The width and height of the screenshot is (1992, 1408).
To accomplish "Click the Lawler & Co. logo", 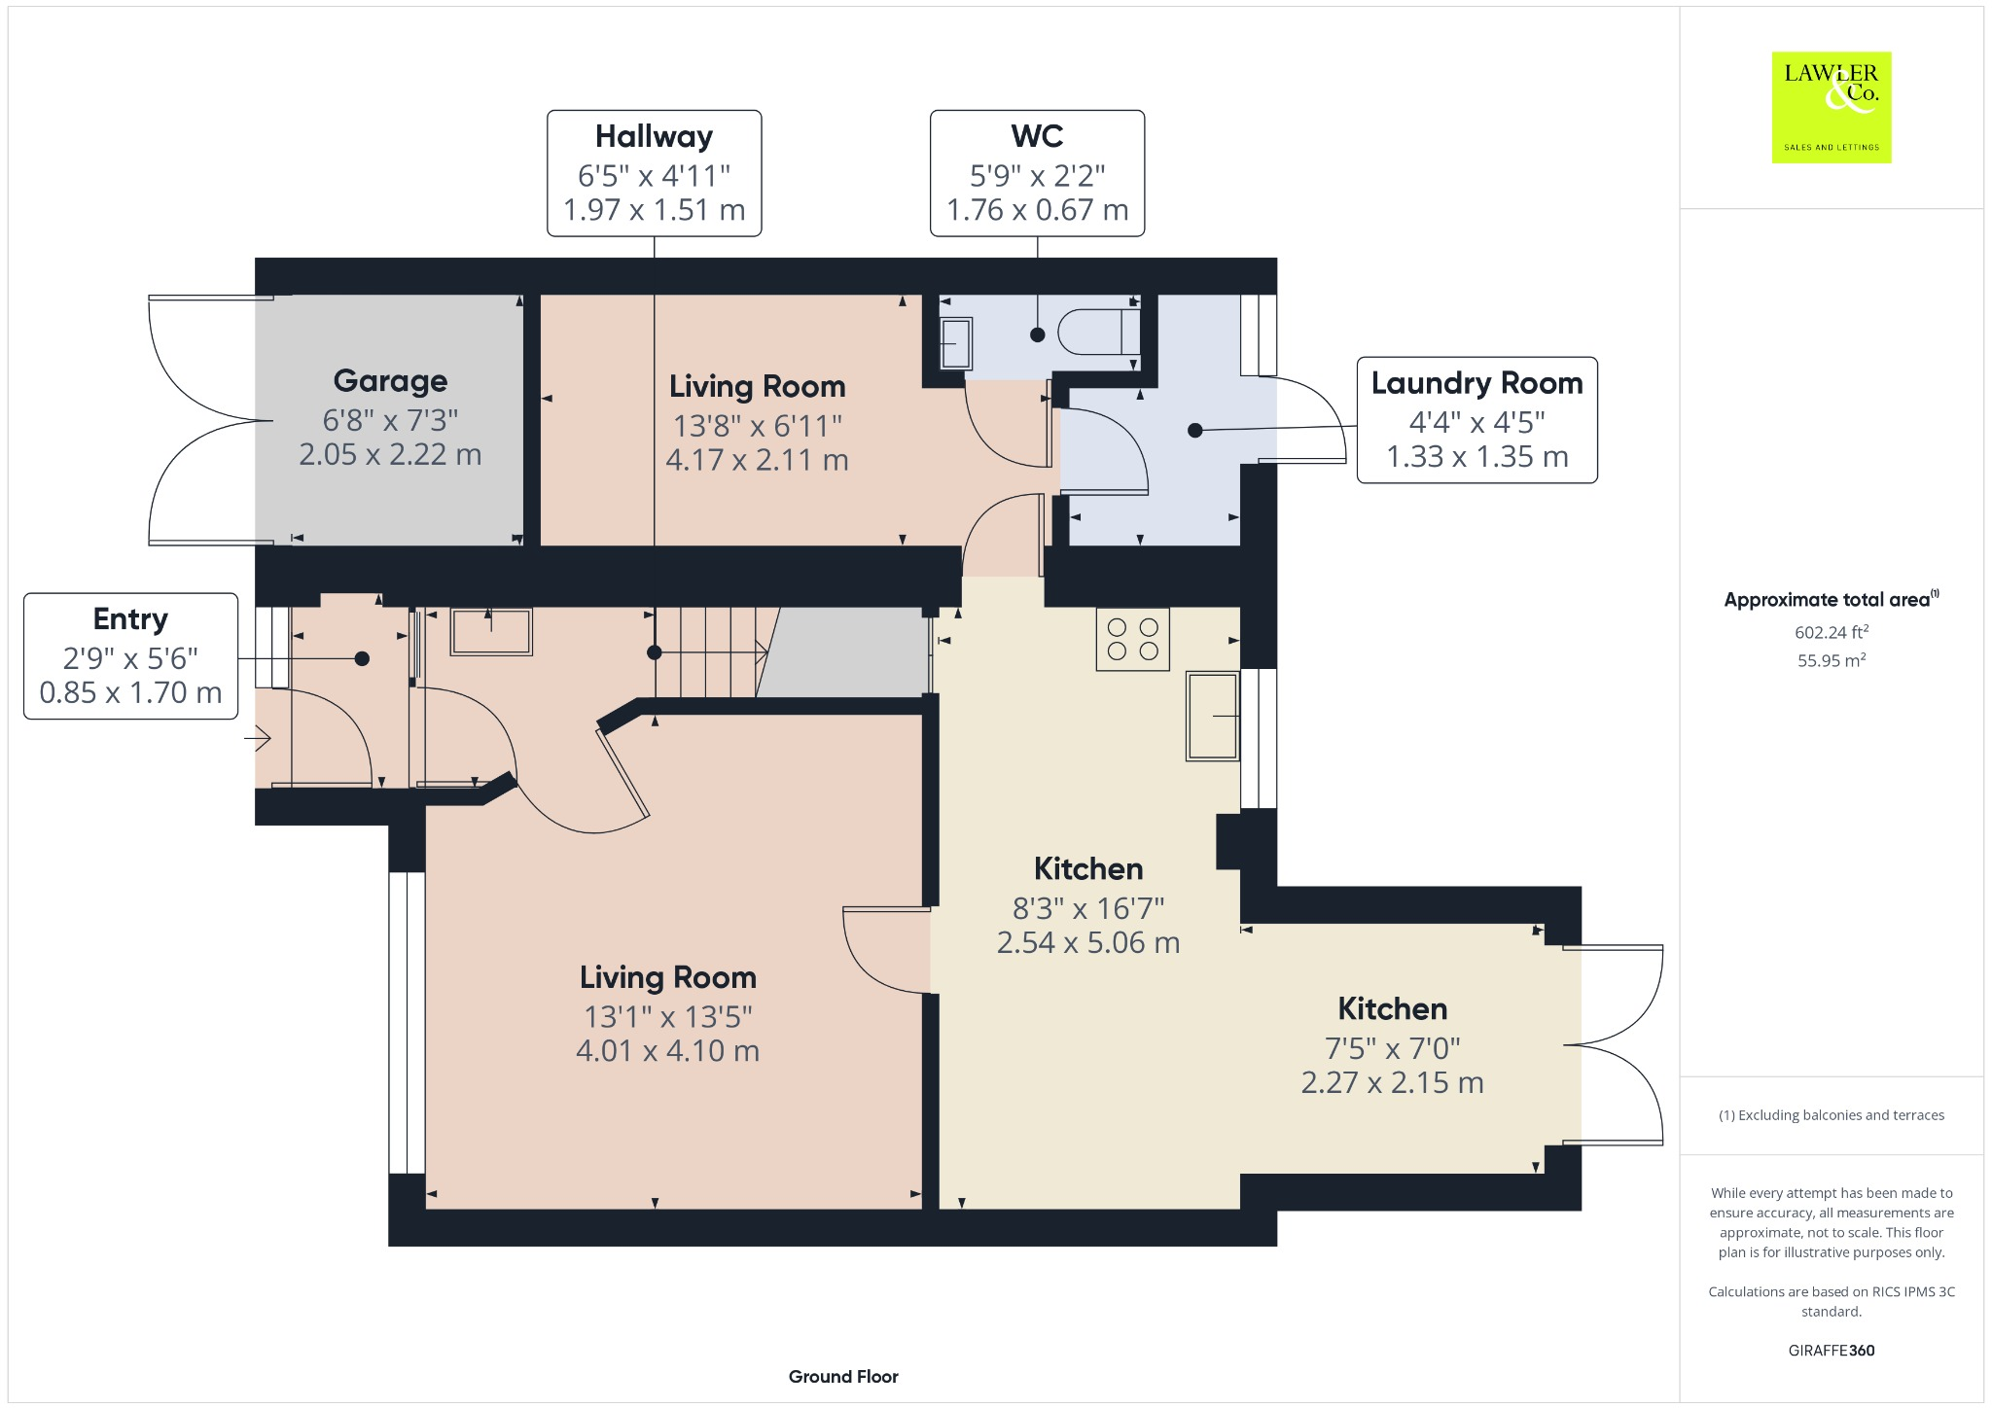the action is (1832, 107).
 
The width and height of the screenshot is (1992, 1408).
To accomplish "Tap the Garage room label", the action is (391, 380).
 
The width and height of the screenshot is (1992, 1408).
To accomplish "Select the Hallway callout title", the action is (655, 136).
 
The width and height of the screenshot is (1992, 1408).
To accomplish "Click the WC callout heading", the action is (1037, 136).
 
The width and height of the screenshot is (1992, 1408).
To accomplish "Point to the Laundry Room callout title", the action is (1477, 383).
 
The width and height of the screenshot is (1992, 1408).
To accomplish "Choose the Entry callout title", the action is (130, 619).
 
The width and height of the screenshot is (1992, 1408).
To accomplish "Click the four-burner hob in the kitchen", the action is (1133, 639).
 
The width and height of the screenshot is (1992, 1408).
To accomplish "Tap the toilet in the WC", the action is (1098, 332).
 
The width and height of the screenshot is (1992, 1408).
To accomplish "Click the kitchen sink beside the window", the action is (1212, 716).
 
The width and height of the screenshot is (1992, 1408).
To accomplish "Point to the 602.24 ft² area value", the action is (1832, 632).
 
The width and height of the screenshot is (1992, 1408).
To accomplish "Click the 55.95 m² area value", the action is (1832, 660).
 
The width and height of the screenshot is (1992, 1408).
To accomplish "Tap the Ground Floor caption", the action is (843, 1377).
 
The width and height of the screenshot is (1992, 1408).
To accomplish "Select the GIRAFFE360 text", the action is (1832, 1351).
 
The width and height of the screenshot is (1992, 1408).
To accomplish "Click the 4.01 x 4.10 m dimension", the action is (668, 1051).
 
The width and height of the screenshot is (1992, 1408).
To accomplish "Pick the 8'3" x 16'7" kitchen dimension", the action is (1088, 908).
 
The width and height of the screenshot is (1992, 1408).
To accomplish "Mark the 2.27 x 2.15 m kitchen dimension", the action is (1393, 1083).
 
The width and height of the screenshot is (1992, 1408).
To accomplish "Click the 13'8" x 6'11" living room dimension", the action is (758, 426).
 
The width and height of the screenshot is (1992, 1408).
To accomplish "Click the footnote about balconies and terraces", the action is (1832, 1115).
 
